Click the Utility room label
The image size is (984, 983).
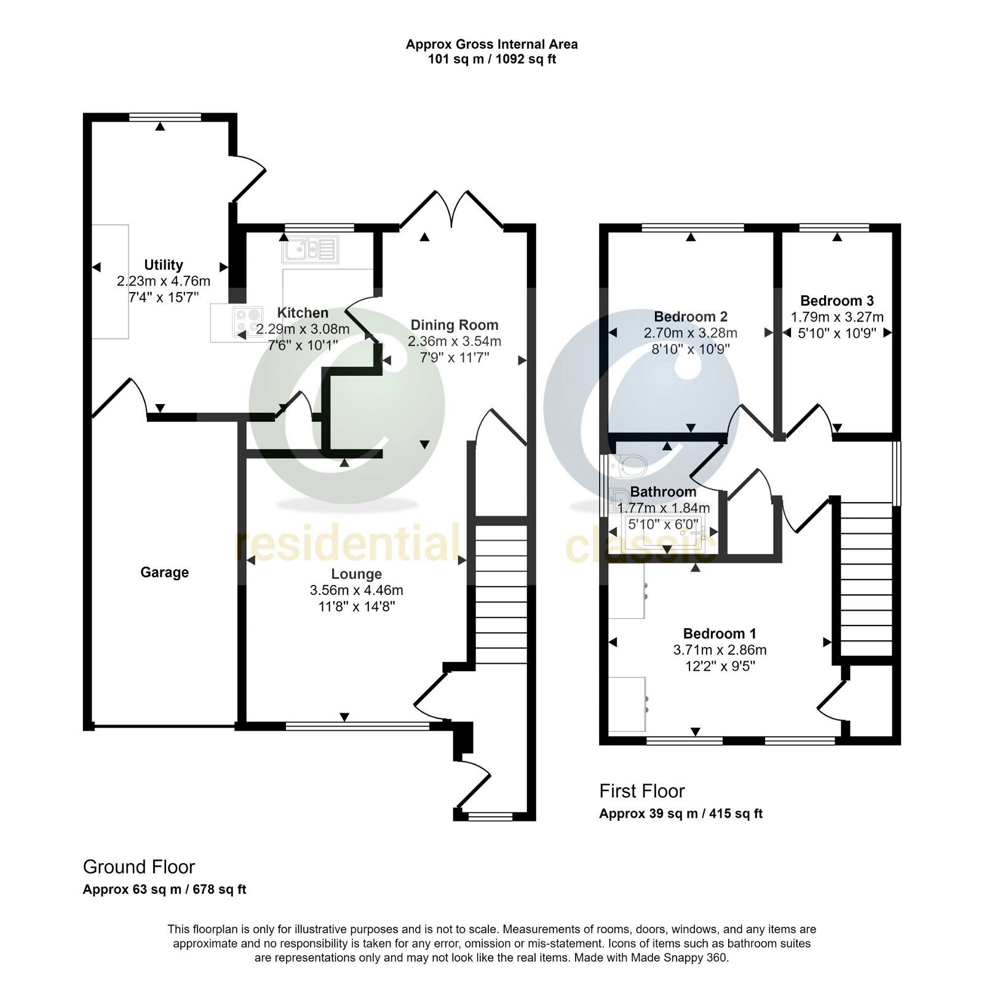(x=164, y=265)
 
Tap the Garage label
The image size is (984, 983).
(x=164, y=573)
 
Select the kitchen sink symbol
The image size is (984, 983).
(x=310, y=249)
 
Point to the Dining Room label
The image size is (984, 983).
(x=454, y=325)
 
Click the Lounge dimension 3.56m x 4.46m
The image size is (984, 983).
(x=357, y=591)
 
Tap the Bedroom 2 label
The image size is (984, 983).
(x=691, y=317)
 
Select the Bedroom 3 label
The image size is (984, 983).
(x=837, y=301)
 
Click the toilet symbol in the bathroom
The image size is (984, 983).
(x=628, y=466)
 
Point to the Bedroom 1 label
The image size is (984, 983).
(x=720, y=634)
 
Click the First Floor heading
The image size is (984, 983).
(x=642, y=791)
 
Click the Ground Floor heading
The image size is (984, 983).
(x=139, y=867)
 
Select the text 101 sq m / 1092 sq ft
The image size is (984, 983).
(x=492, y=60)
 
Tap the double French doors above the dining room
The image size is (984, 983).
(x=452, y=210)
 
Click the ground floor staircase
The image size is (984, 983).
(x=501, y=594)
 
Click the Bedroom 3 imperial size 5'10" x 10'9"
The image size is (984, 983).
(x=837, y=333)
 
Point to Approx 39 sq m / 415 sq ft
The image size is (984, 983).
(x=681, y=814)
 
